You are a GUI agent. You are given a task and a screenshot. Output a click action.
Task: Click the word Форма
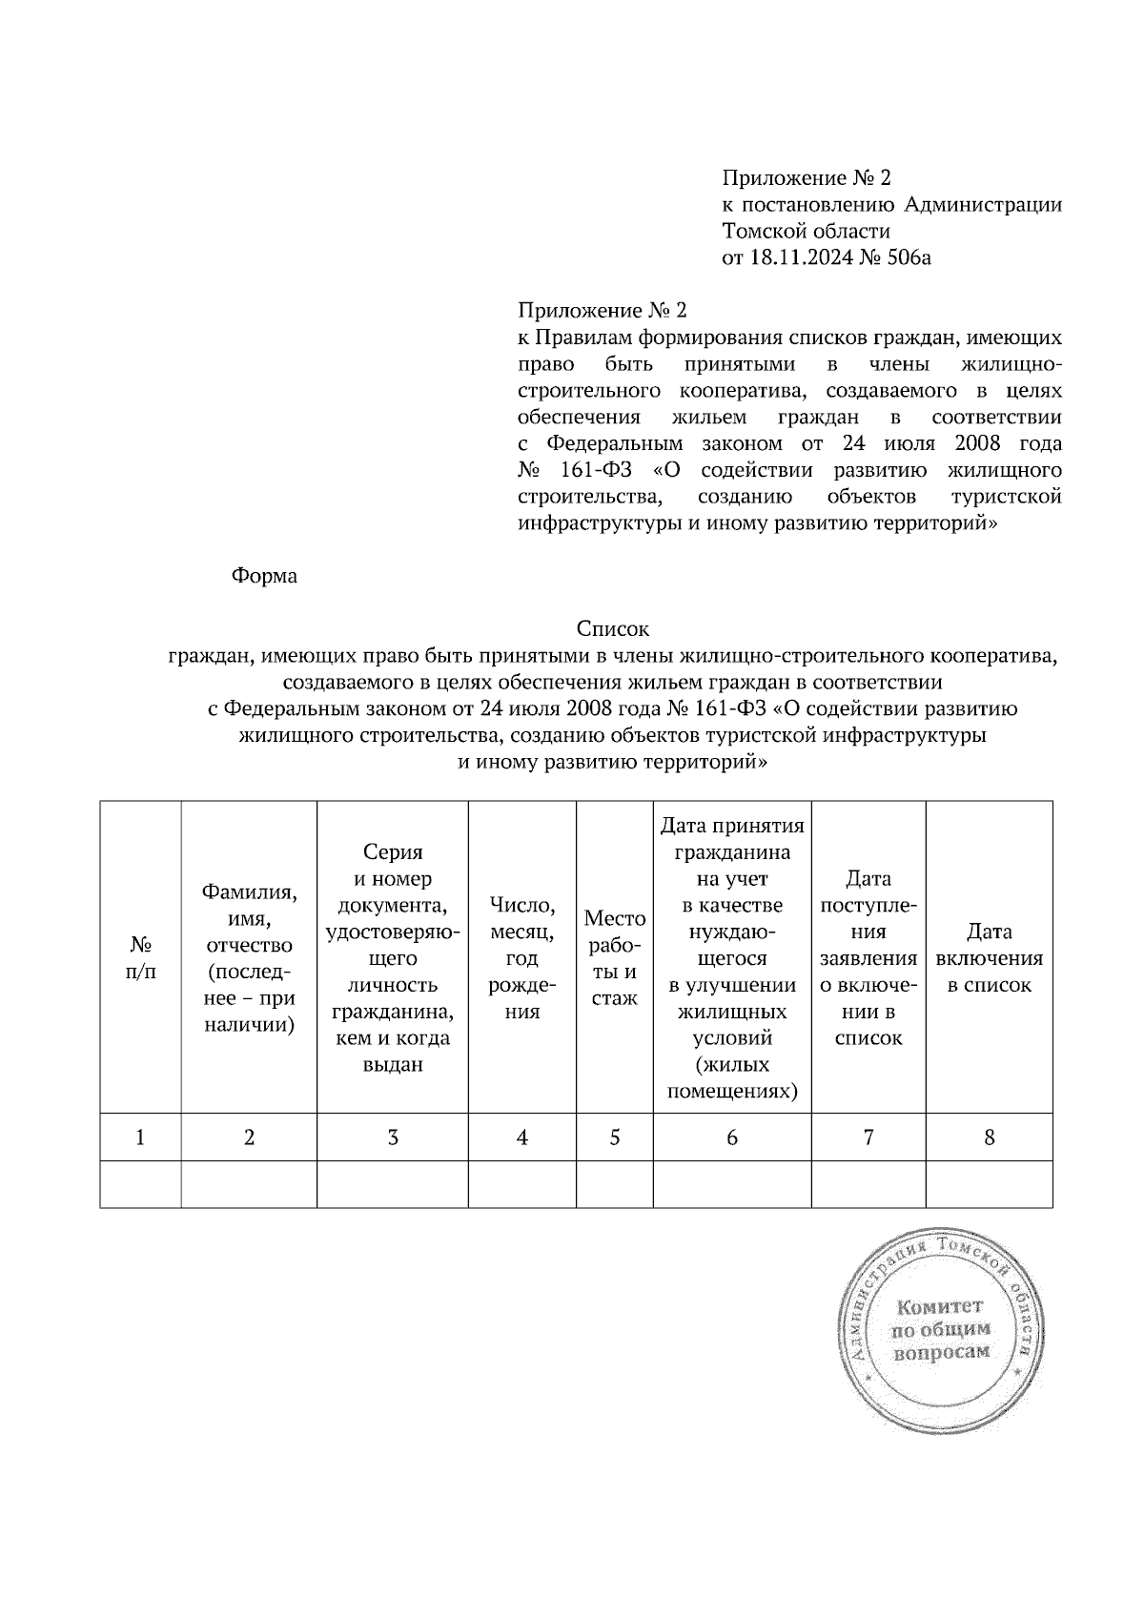click(264, 576)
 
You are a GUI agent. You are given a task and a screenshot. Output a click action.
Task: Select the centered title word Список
click(612, 629)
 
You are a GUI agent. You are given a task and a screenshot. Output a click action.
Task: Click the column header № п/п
click(141, 958)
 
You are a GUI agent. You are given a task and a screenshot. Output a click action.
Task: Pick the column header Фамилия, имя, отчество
click(249, 958)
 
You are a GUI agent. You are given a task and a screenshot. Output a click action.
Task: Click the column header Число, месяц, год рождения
click(521, 958)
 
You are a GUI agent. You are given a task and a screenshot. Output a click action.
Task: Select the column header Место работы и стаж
click(614, 958)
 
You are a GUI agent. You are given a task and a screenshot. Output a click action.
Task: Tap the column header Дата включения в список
click(989, 958)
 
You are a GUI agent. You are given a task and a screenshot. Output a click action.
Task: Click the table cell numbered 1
click(141, 1137)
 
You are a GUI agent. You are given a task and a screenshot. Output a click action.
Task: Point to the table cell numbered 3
click(392, 1137)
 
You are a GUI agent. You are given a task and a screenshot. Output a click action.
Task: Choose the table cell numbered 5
click(614, 1137)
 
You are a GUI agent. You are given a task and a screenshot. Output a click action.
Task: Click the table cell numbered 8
click(989, 1137)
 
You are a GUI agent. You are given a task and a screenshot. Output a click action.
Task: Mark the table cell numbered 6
click(731, 1137)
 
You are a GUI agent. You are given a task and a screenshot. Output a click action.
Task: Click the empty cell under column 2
click(249, 1184)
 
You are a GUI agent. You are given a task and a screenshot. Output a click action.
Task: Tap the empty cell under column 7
click(868, 1184)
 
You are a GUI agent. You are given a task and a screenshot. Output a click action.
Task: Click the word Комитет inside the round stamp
click(939, 1307)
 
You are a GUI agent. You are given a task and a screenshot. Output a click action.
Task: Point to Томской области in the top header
click(807, 231)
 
